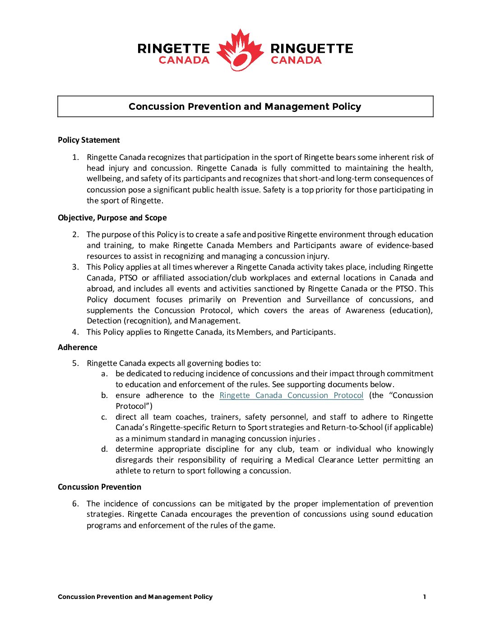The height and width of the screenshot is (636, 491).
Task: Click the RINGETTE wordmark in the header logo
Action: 174,48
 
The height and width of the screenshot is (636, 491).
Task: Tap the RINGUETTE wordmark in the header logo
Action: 312,48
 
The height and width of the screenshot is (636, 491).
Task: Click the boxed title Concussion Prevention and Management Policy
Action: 245,107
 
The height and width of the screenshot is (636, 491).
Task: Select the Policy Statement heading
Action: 89,140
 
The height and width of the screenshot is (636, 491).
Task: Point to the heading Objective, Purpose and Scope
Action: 112,218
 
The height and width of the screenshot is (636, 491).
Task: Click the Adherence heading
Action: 78,347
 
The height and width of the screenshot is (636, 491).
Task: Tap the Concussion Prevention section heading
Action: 100,487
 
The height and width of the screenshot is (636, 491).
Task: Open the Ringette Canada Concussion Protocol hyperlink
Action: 291,395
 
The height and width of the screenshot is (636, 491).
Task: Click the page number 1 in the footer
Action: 424,597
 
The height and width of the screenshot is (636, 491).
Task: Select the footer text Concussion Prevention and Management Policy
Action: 135,597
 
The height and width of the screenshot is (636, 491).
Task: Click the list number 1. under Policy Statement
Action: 76,157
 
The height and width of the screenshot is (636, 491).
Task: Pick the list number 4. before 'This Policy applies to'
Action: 75,332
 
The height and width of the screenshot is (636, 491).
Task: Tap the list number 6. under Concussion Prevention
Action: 75,504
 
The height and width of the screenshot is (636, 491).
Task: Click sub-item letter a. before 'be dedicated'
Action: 104,374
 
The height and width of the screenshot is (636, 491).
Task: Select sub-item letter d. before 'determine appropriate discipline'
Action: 104,449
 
